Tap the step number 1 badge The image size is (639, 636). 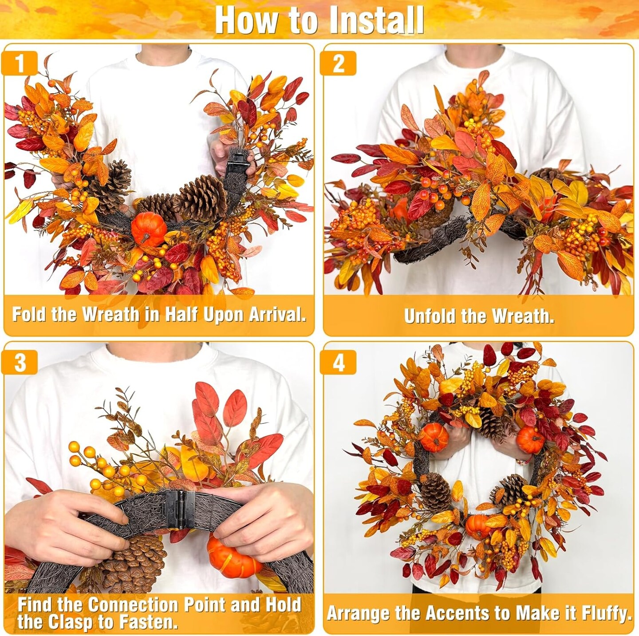20,63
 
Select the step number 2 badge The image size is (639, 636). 339,63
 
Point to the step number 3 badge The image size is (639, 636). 20,363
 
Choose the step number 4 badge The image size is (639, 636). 339,363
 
